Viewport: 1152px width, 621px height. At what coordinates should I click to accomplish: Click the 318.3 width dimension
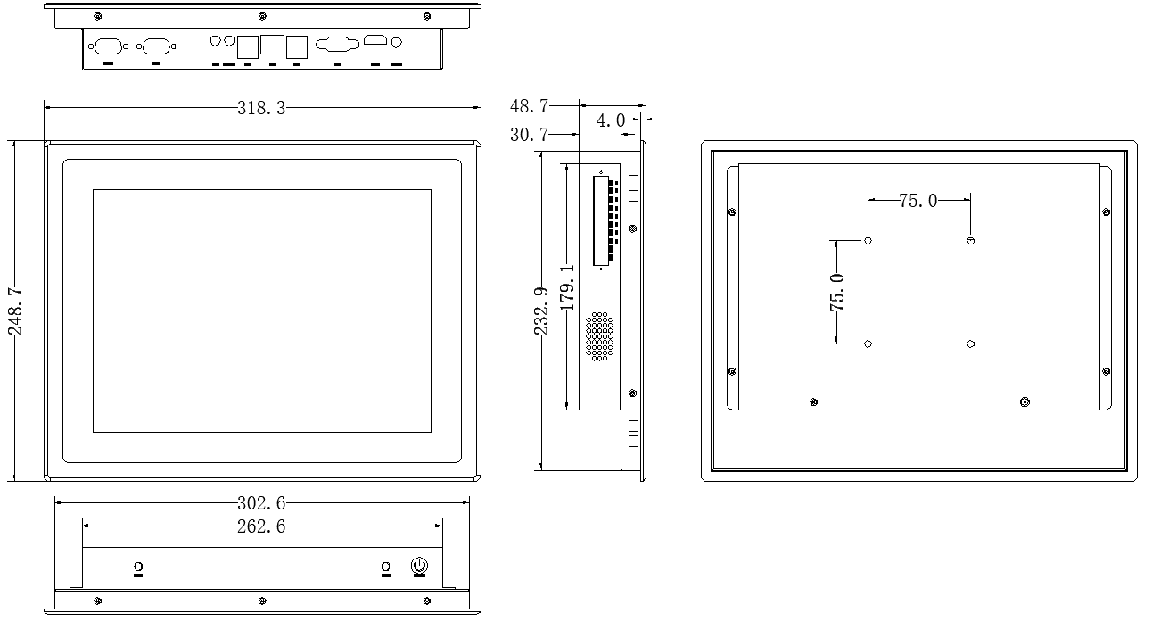point(260,108)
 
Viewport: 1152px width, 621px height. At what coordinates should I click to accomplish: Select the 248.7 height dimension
point(15,311)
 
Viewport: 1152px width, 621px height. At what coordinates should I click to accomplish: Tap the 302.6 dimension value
point(260,503)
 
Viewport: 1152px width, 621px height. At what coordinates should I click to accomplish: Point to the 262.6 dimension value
point(260,526)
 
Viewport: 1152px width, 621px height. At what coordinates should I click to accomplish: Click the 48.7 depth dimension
point(529,106)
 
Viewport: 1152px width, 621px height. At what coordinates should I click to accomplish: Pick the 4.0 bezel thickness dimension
point(611,120)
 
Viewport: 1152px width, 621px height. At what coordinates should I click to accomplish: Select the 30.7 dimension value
point(529,135)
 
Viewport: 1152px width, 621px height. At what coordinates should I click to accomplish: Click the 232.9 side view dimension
point(541,311)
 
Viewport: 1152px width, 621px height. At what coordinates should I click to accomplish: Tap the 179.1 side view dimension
point(567,288)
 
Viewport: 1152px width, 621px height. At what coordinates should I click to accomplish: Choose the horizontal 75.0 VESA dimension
point(918,201)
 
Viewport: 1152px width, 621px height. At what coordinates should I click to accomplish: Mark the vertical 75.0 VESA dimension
point(836,293)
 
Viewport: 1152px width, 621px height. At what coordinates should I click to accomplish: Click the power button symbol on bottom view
point(420,566)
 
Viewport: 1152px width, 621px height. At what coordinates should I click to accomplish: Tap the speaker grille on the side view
point(600,336)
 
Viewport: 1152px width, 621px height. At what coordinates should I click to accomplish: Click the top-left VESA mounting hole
point(868,241)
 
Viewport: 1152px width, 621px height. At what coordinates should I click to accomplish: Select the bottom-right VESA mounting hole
point(970,344)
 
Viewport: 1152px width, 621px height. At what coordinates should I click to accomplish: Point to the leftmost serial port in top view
point(108,46)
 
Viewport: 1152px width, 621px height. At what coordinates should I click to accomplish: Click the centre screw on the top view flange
point(262,16)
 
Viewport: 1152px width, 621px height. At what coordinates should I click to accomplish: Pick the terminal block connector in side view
point(605,220)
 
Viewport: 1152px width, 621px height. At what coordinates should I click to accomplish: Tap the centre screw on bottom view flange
point(262,601)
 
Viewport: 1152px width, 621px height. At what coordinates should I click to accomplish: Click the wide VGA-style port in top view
point(337,45)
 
